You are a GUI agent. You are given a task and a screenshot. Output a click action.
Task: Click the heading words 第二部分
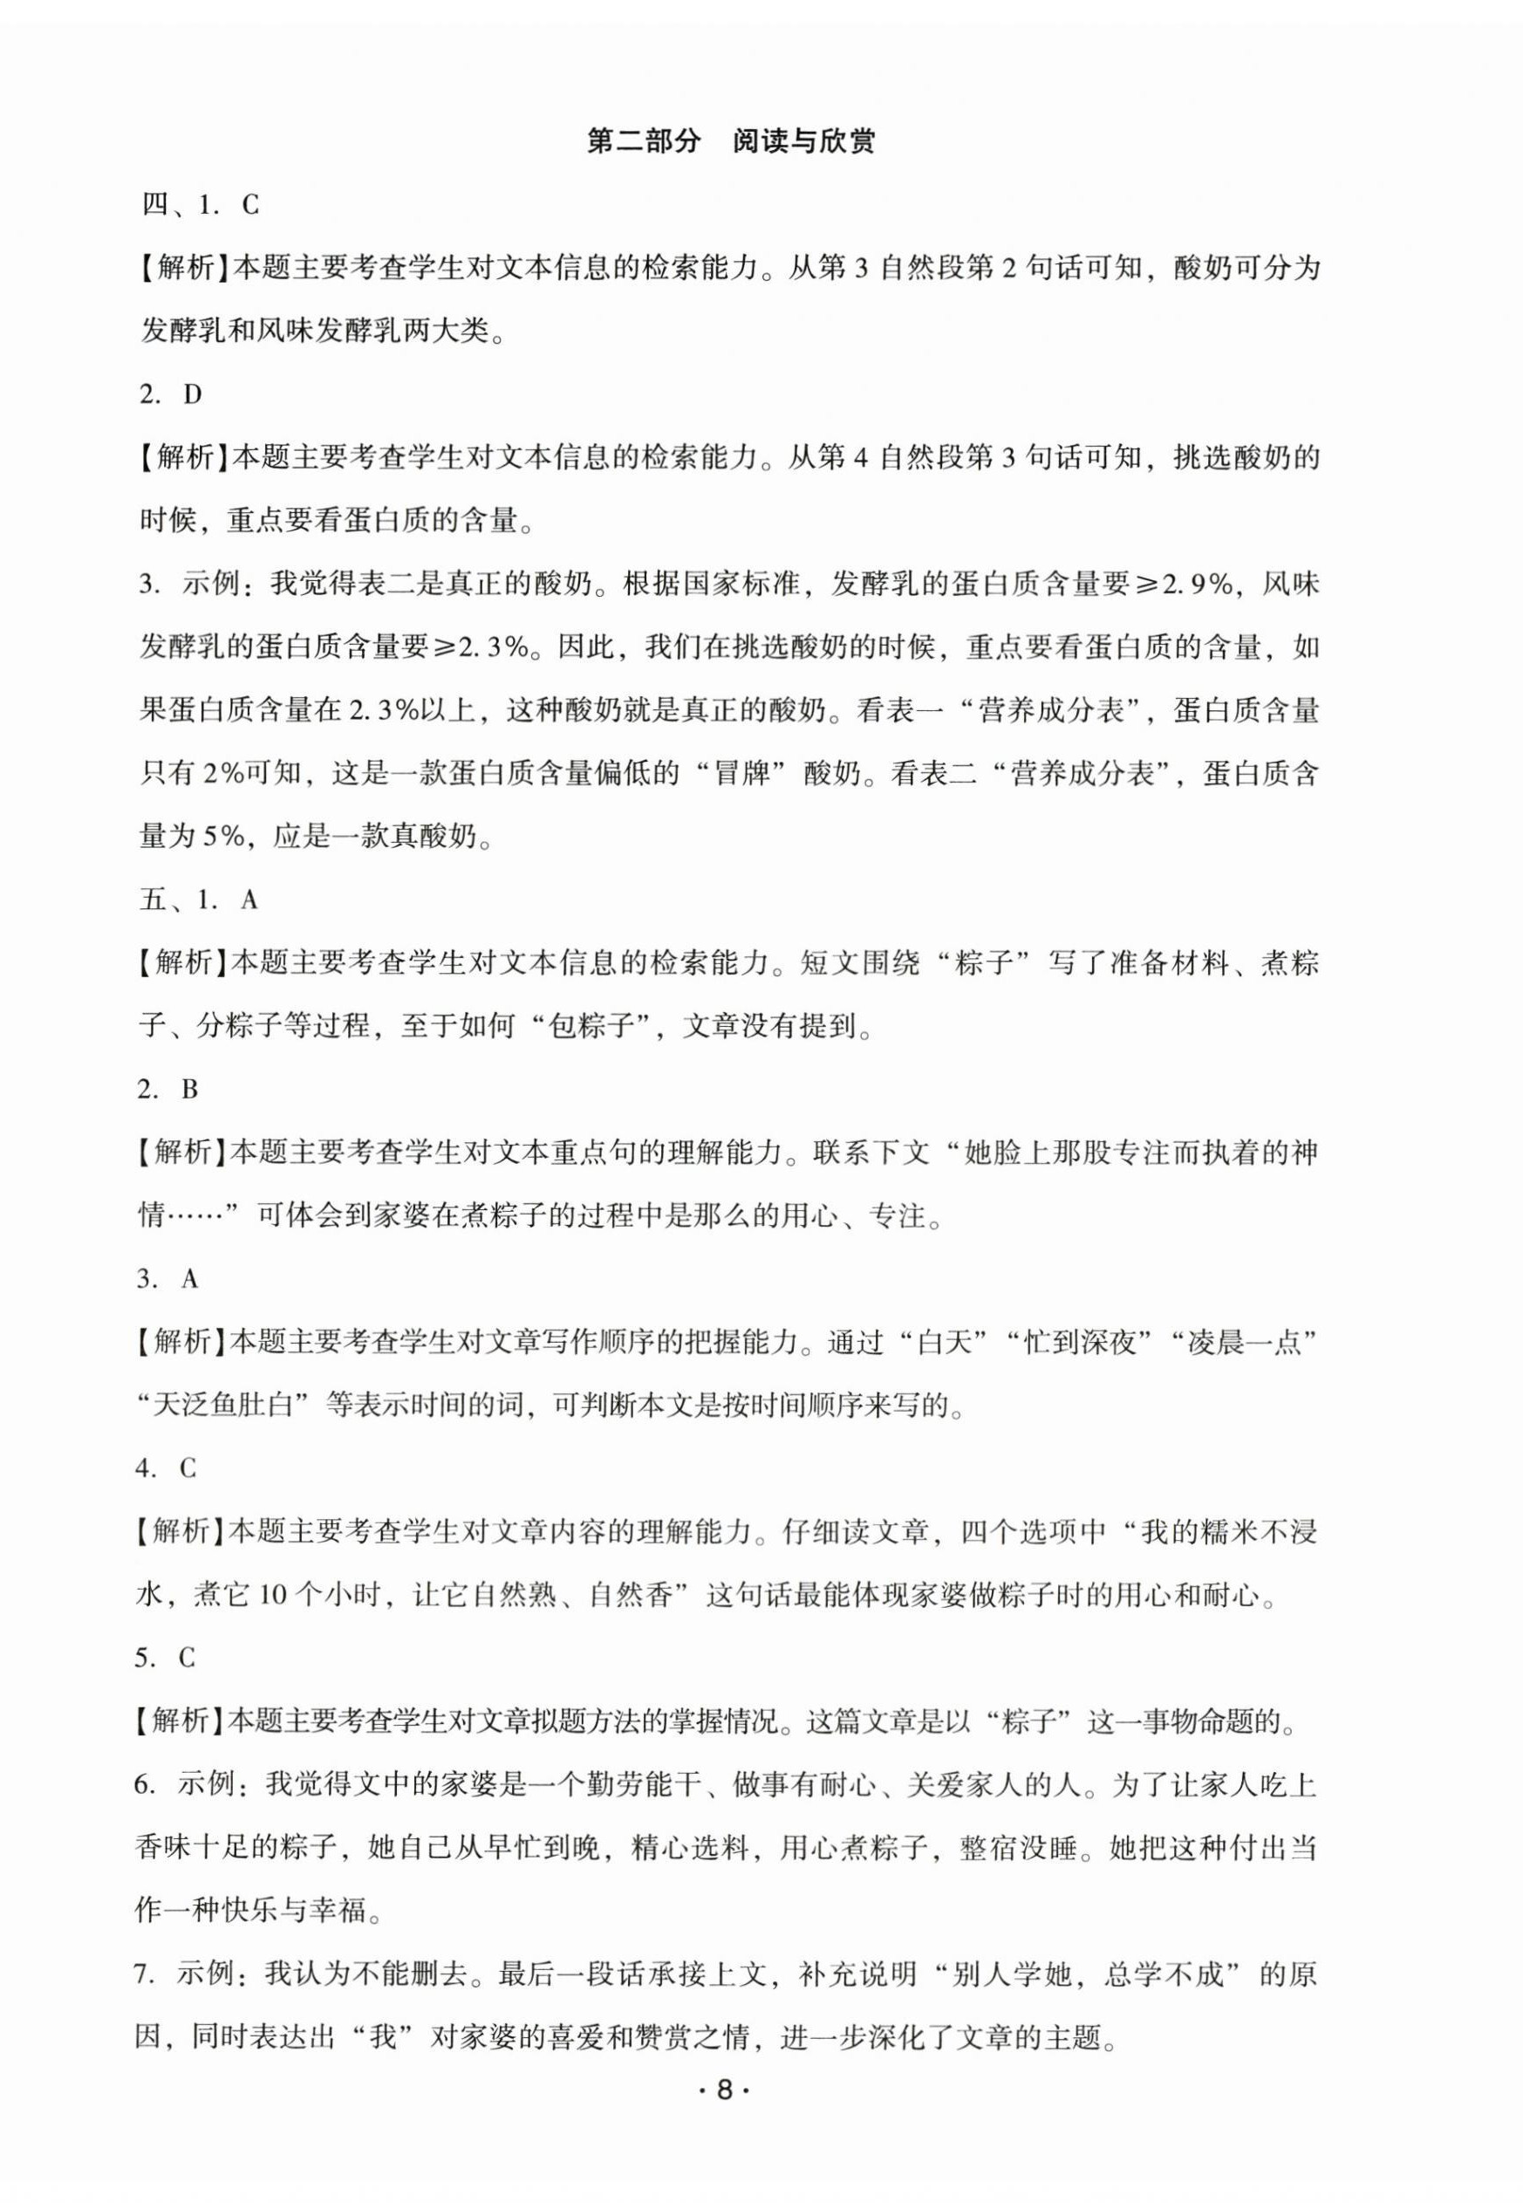(x=643, y=142)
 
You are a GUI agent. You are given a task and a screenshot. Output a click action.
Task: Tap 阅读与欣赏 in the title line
(x=803, y=142)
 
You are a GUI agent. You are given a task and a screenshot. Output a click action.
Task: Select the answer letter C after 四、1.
(x=249, y=205)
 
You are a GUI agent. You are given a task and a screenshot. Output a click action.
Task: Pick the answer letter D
(x=193, y=394)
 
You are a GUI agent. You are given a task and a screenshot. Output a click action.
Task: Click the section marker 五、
(x=159, y=900)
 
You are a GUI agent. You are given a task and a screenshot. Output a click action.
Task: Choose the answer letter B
(x=189, y=1089)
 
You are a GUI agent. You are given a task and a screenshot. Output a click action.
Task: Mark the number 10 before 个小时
(x=272, y=1595)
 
